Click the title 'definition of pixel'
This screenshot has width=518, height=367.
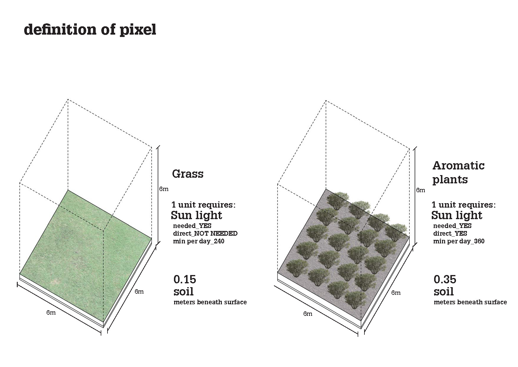(90, 30)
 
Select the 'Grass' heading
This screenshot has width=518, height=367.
(188, 174)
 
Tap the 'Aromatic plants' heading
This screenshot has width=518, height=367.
(458, 172)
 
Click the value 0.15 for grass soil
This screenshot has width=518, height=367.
(185, 279)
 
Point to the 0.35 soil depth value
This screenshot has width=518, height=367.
(445, 279)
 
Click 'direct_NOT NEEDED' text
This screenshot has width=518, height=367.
(205, 233)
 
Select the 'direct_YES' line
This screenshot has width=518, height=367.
(450, 233)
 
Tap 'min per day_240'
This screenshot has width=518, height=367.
(199, 241)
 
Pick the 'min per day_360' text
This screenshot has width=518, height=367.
(459, 241)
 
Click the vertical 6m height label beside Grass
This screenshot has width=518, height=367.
(164, 189)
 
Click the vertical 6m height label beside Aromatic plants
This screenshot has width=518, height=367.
(421, 190)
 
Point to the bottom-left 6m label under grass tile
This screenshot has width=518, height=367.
(51, 313)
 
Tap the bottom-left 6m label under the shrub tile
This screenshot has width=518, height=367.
(308, 314)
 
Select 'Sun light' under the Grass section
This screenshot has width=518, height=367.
(196, 215)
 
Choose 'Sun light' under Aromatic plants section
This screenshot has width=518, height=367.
(457, 215)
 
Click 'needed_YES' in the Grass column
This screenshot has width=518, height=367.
(192, 226)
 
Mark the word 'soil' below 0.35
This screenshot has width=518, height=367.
(444, 292)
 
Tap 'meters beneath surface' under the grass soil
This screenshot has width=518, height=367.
(210, 302)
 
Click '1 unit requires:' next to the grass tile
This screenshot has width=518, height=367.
(203, 205)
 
